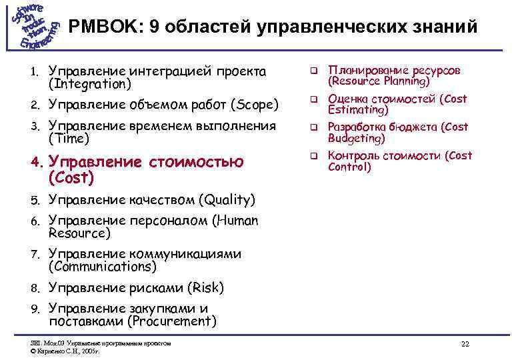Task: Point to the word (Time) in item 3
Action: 69,139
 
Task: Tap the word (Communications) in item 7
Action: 103,267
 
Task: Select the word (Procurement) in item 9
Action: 173,321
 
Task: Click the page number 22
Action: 465,344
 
